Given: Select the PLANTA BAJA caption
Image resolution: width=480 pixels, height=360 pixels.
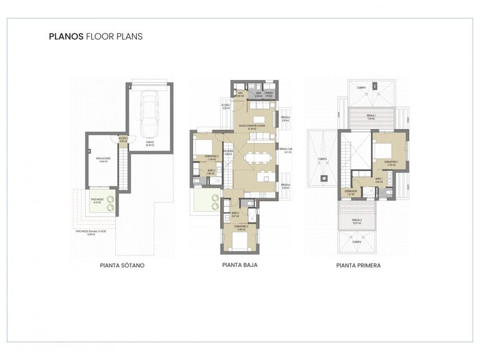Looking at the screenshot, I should coord(240,265).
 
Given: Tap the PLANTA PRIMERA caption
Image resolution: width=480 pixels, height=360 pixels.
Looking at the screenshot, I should coord(359,265).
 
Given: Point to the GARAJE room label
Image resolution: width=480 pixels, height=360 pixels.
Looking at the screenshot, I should coord(150,142).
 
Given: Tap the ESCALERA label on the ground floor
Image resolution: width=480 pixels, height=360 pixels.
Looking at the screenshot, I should coord(229,151).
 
